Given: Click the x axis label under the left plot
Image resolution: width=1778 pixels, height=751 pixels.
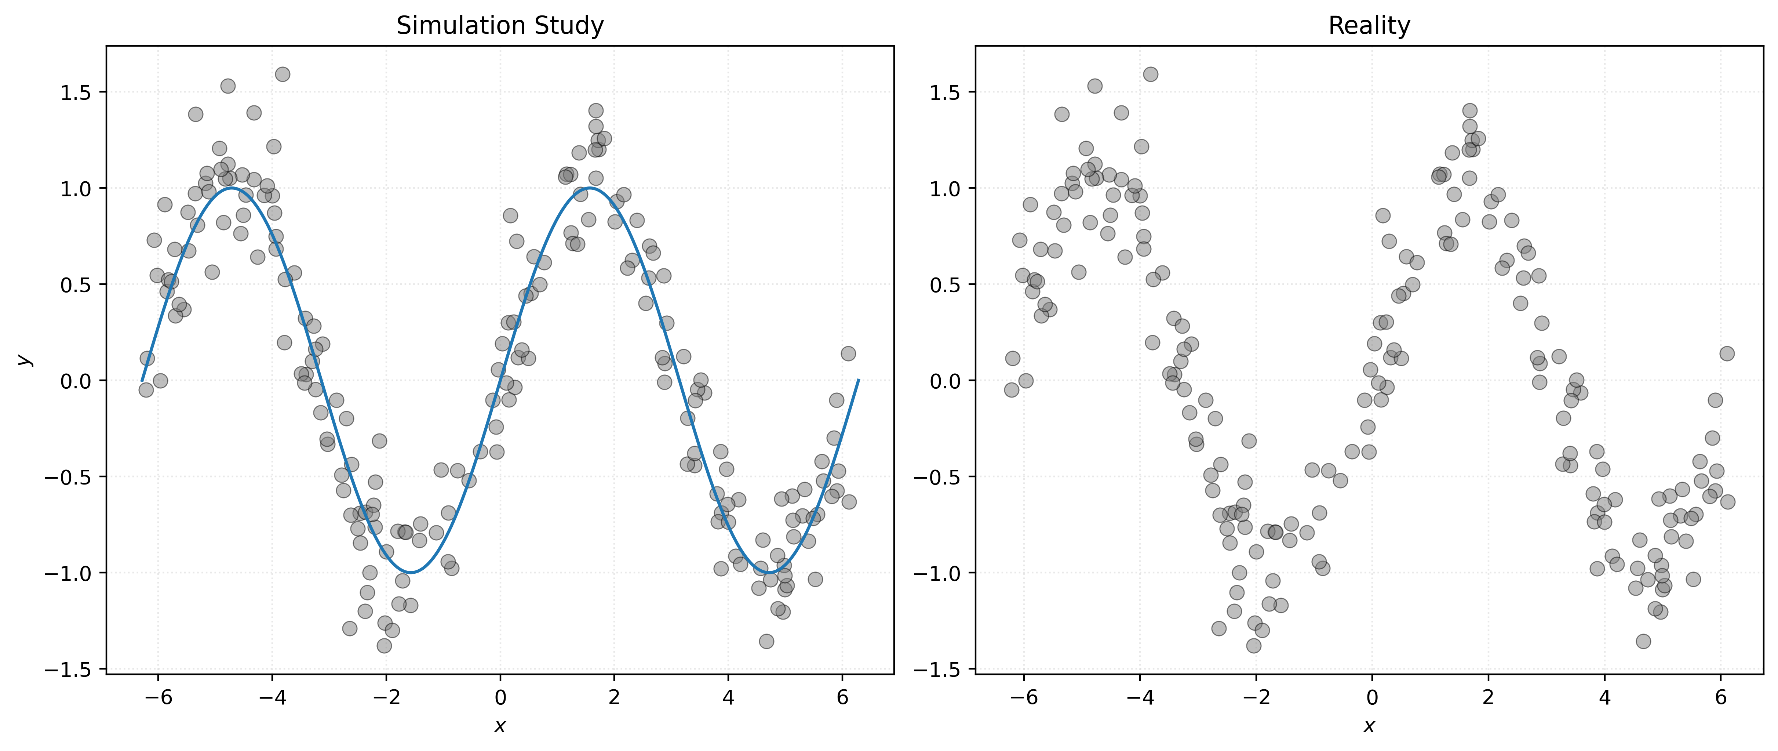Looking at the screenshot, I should pyautogui.click(x=500, y=726).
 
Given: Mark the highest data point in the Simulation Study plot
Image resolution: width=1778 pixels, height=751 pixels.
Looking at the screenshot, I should pyautogui.click(x=282, y=74).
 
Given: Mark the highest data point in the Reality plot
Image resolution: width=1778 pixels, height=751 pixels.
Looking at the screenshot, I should pyautogui.click(x=1151, y=74).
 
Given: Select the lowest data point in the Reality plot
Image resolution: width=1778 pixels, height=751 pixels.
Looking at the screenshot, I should pyautogui.click(x=1253, y=645).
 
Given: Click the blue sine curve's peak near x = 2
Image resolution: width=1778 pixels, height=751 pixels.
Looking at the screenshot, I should pyautogui.click(x=590, y=188).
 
